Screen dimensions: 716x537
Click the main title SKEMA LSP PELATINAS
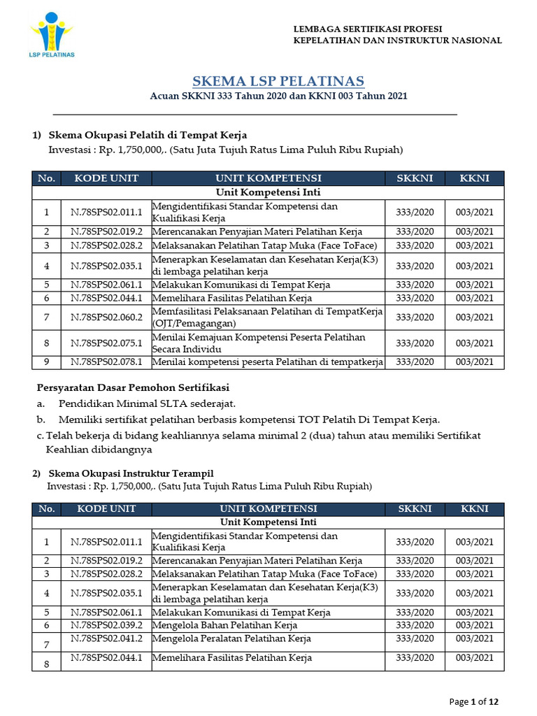[x=278, y=81]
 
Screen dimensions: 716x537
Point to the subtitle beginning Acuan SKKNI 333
[x=278, y=95]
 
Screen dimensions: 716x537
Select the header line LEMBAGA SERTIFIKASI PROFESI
[x=367, y=29]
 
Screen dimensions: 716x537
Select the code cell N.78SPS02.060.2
[x=106, y=317]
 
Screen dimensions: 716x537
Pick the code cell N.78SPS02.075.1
[x=106, y=343]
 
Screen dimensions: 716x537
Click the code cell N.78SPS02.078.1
[x=106, y=361]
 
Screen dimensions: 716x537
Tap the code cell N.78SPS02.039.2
[x=106, y=625]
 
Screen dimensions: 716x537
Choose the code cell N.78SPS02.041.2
[x=106, y=638]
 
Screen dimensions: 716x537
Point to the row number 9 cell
[x=46, y=361]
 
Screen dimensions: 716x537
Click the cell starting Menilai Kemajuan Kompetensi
[x=259, y=343]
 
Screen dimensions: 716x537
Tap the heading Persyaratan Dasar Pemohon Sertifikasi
[x=132, y=387]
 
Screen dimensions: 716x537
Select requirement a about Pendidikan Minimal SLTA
[x=147, y=403]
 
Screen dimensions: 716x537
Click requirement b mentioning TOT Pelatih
[x=249, y=420]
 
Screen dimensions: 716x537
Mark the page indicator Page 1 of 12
[x=473, y=701]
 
